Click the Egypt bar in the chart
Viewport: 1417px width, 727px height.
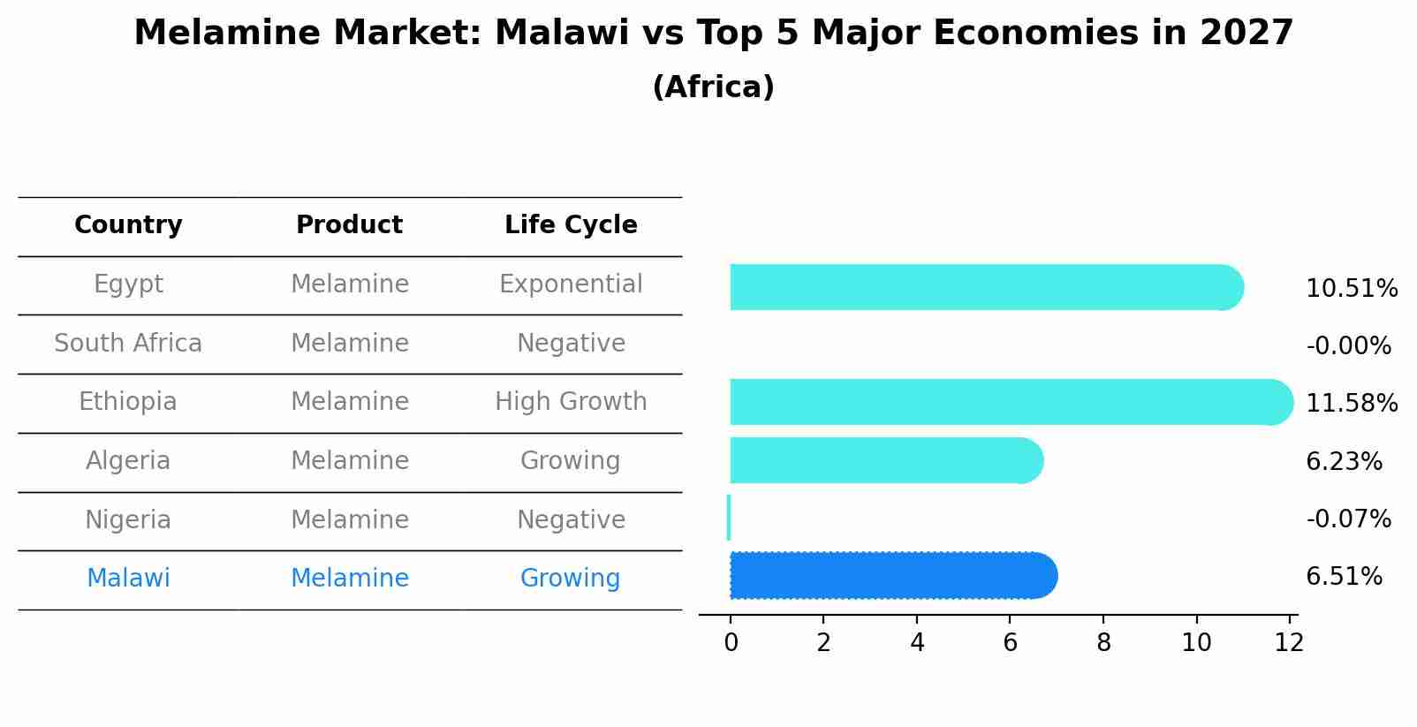point(985,287)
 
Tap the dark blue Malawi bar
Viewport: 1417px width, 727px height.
point(892,576)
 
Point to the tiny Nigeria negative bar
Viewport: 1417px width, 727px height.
point(729,518)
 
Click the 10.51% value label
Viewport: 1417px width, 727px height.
point(1351,289)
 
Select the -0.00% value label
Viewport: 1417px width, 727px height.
point(1348,346)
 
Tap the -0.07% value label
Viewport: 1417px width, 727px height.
point(1348,519)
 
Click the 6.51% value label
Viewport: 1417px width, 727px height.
point(1343,577)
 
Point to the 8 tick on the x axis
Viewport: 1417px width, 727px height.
point(1103,643)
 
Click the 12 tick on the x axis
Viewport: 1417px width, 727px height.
point(1289,643)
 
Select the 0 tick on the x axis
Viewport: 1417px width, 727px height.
point(731,643)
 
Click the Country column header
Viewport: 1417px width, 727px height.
point(128,225)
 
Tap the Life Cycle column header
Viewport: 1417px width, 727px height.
point(571,225)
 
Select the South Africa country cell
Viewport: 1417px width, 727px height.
point(128,343)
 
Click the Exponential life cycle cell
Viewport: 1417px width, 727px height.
point(571,284)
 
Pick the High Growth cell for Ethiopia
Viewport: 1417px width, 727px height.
point(571,402)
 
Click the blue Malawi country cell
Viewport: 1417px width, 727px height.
point(128,579)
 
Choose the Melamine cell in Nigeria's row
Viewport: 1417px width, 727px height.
point(350,519)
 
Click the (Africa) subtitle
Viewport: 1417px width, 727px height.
point(713,87)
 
